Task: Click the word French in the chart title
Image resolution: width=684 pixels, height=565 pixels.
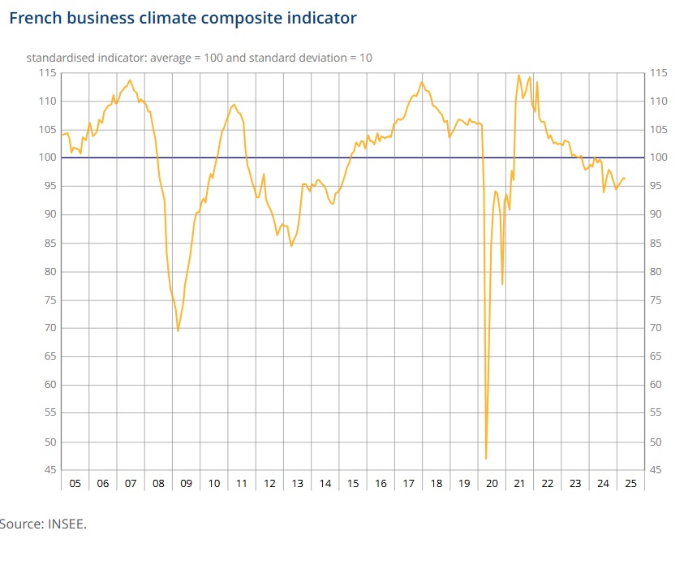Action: tap(35, 18)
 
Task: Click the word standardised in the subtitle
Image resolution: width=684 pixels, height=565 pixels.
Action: tap(62, 58)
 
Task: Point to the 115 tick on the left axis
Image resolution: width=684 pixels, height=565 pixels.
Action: tap(47, 73)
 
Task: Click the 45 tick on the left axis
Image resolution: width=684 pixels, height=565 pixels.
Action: tap(49, 470)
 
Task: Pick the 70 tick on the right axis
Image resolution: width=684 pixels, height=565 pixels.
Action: tap(657, 328)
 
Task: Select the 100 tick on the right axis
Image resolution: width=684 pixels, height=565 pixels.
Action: tap(660, 157)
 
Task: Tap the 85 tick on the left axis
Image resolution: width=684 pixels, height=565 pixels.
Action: tap(49, 243)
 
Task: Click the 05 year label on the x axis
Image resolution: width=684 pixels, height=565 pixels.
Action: tap(75, 483)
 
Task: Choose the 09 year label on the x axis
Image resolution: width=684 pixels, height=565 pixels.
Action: tap(186, 483)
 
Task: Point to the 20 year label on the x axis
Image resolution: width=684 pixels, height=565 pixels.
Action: tap(492, 483)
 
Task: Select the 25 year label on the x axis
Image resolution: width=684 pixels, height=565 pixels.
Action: tap(630, 483)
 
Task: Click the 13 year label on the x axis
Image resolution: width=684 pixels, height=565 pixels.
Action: tap(297, 483)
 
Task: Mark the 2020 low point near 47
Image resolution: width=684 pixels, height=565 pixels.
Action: tap(486, 459)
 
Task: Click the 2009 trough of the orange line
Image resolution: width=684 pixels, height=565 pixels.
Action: tap(178, 330)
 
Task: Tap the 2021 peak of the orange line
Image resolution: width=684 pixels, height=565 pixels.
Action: tap(518, 75)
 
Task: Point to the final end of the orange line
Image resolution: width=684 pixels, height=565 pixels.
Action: tap(624, 179)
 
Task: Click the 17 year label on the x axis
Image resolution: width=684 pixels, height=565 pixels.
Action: tap(408, 483)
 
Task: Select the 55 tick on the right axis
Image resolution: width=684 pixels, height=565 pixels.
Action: tap(657, 413)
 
